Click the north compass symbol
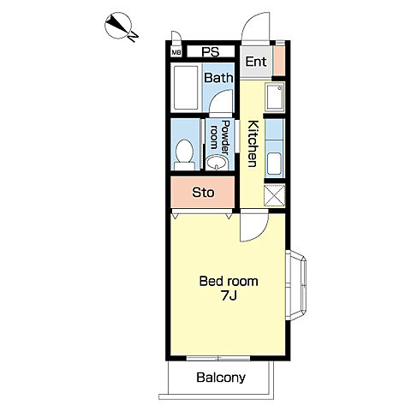tap(121, 27)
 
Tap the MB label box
tap(176, 52)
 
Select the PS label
tap(211, 52)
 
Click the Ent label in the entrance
tap(256, 62)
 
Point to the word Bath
tap(218, 78)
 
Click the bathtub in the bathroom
tap(186, 87)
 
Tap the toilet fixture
tap(184, 155)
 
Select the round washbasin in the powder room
tap(217, 163)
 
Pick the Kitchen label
tap(253, 144)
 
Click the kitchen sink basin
tap(275, 164)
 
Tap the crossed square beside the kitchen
tap(275, 195)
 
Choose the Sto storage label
tap(203, 193)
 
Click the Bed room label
tap(229, 281)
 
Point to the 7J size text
tap(229, 296)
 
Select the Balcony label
tap(221, 378)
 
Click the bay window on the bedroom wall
tap(296, 285)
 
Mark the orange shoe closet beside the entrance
tap(279, 61)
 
